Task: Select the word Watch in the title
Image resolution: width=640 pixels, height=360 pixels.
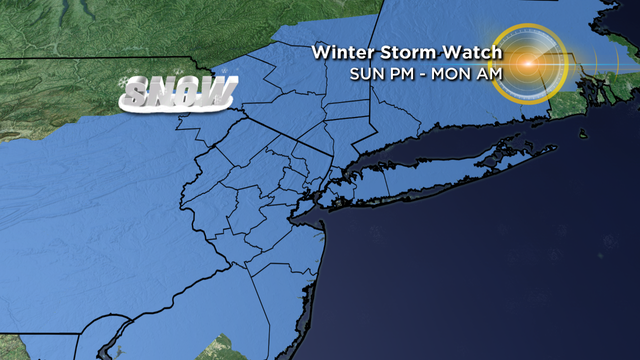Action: tap(464, 52)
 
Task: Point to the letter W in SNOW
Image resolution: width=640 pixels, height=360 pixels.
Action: tap(218, 94)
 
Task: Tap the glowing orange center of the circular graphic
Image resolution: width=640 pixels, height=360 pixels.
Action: tap(525, 64)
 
